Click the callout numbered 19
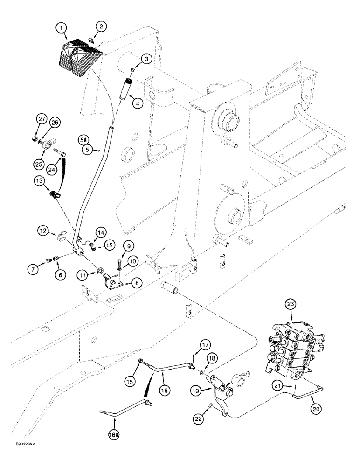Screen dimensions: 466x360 pos(196,389)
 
